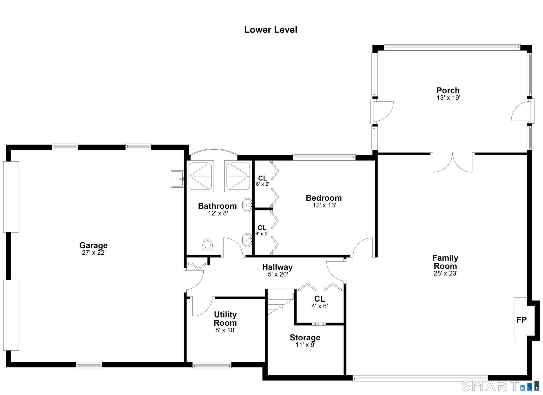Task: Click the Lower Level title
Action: pos(271,30)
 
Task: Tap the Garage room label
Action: pos(93,245)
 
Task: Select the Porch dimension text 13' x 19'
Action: pos(448,98)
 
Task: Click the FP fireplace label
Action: pos(522,320)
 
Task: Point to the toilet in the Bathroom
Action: pos(208,246)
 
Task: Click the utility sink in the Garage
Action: pos(177,179)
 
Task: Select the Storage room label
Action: pos(305,338)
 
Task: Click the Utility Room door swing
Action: pos(202,307)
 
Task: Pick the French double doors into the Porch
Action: pos(453,163)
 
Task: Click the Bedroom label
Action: pos(324,198)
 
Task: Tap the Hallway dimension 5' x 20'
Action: pos(278,274)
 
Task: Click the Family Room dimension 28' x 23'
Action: pos(445,273)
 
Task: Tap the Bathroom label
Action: pos(217,206)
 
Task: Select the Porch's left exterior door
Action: pos(382,111)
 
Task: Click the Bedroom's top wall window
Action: pos(324,157)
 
